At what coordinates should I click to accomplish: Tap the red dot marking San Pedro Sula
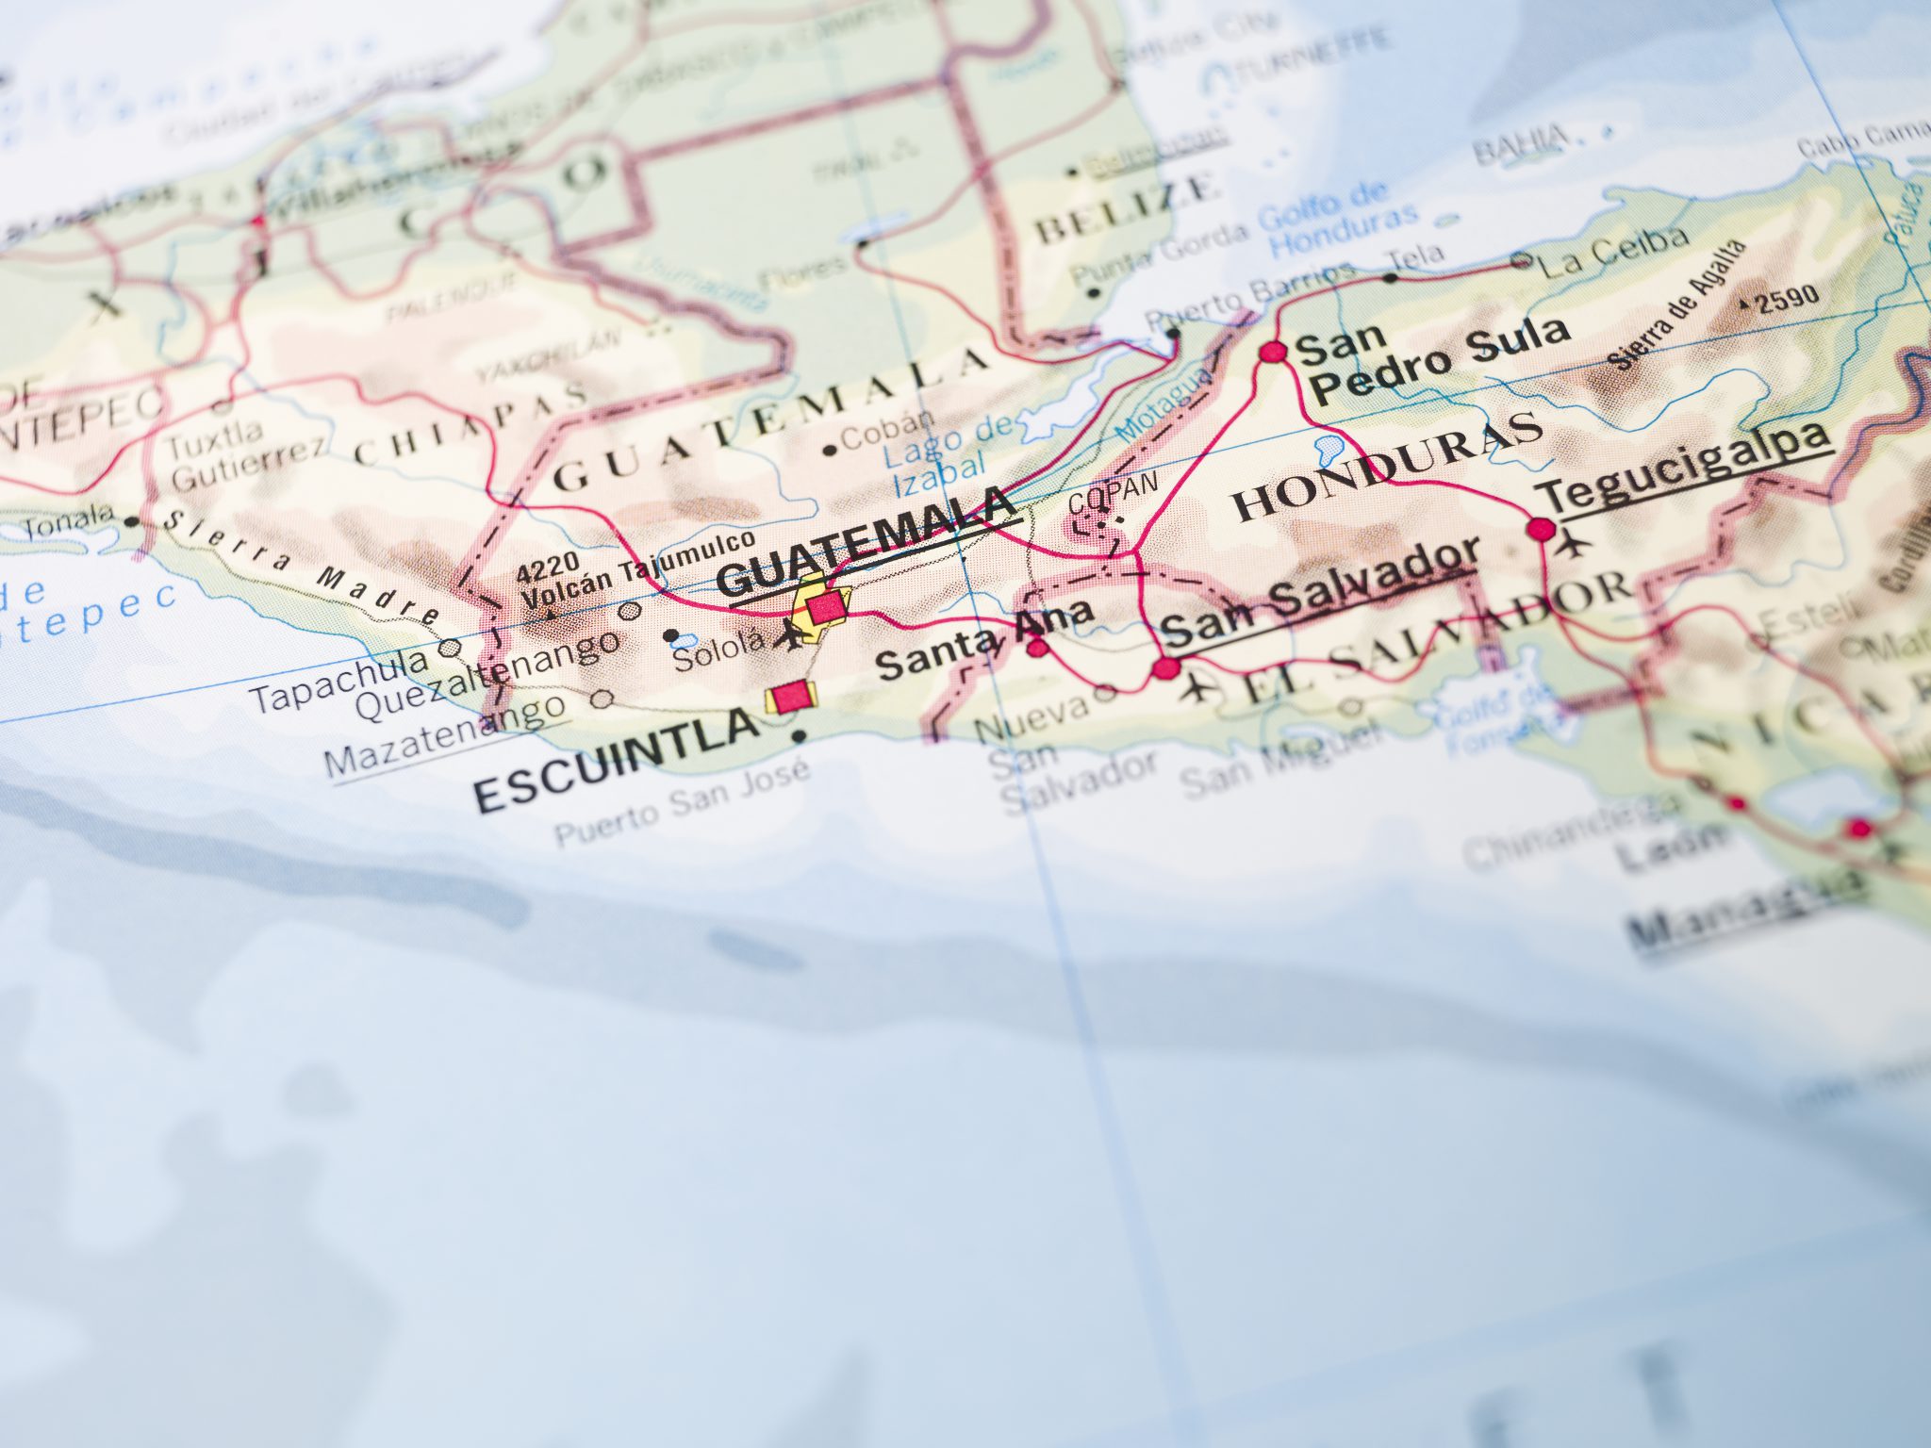(1273, 352)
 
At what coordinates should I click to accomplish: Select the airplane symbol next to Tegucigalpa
(1572, 544)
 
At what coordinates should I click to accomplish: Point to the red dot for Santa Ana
(1037, 647)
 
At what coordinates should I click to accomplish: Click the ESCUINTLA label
(616, 762)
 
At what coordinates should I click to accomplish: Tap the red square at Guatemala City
(825, 606)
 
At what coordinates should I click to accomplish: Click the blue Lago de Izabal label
(946, 455)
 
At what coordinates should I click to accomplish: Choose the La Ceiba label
(1612, 250)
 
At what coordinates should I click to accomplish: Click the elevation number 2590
(1787, 298)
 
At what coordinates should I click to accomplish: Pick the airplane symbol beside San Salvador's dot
(1198, 688)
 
